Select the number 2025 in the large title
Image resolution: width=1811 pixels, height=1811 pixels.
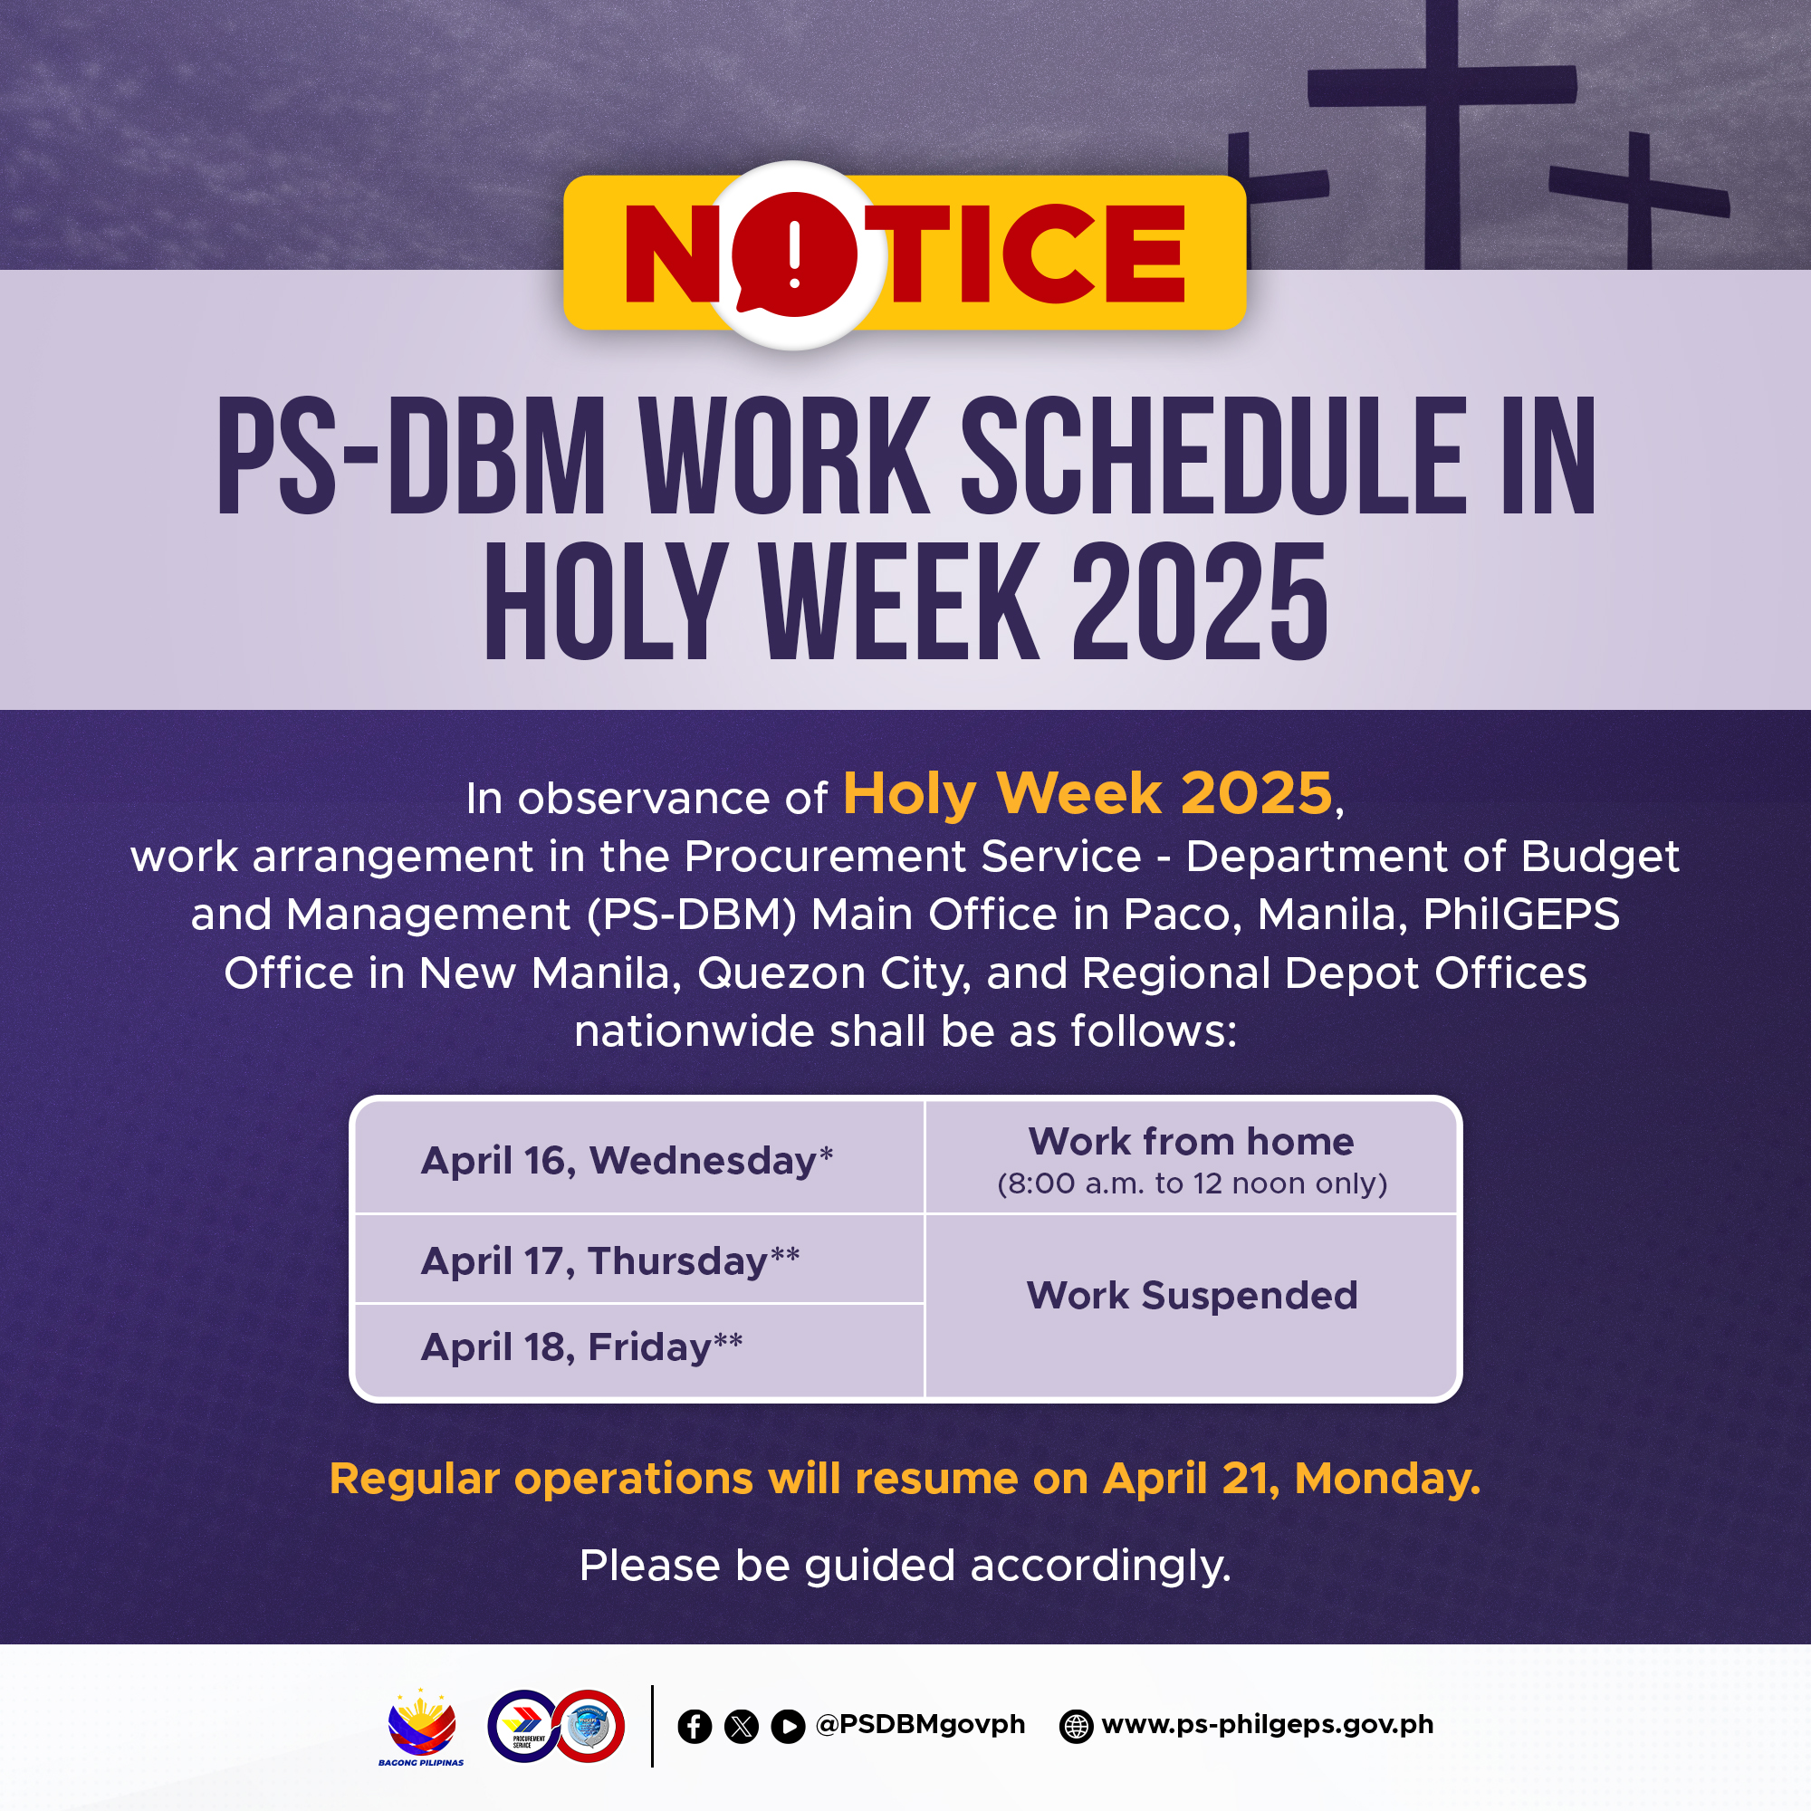(1201, 600)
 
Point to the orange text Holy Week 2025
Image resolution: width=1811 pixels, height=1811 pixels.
(1088, 793)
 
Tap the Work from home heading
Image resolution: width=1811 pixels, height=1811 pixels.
(1192, 1142)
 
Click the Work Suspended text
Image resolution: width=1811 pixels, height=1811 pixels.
(1192, 1296)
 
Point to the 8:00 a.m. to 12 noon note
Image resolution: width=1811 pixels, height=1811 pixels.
(1192, 1183)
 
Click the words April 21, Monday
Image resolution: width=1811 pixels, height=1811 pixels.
(1292, 1480)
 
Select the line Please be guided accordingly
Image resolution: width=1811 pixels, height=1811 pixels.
(905, 1567)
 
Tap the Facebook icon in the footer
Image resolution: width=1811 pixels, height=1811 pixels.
(695, 1727)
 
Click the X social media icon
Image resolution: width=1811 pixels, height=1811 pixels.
(742, 1727)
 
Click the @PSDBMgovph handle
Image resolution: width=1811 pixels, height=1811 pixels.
(921, 1725)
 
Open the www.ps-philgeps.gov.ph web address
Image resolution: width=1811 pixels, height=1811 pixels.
(1268, 1725)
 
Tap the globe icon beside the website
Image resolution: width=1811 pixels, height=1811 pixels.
(1076, 1727)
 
